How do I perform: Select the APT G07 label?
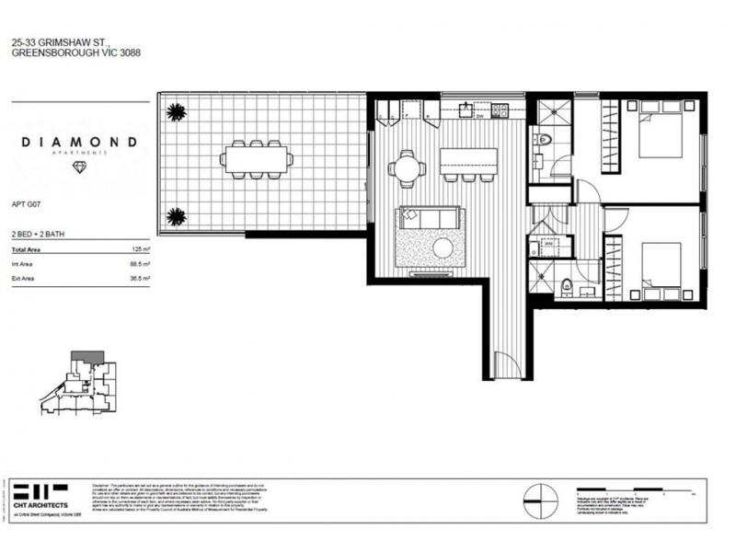coord(26,208)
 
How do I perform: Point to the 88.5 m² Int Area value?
coord(140,264)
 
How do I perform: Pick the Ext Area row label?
coord(22,277)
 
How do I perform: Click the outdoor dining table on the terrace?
coord(257,159)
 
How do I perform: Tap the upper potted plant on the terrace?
coord(174,113)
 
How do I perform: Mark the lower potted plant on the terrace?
coord(174,217)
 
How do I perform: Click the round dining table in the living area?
coord(406,168)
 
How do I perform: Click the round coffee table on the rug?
coord(443,247)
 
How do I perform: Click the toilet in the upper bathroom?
coord(544,143)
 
